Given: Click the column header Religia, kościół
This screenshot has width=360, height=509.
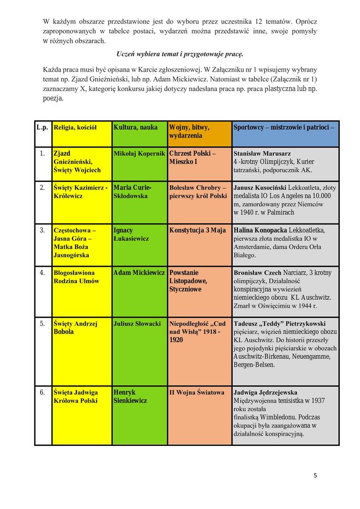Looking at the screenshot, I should pyautogui.click(x=75, y=128).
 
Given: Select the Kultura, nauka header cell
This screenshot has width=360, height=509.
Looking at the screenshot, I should pyautogui.click(x=136, y=128).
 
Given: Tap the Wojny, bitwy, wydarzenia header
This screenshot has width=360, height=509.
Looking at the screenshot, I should pyautogui.click(x=189, y=131).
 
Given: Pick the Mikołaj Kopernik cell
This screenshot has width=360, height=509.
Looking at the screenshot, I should pyautogui.click(x=139, y=154).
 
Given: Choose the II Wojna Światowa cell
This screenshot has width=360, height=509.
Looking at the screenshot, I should pyautogui.click(x=197, y=392).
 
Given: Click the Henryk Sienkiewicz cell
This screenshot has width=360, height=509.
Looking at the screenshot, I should pyautogui.click(x=131, y=396).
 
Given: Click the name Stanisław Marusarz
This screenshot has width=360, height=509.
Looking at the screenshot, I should pyautogui.click(x=262, y=154).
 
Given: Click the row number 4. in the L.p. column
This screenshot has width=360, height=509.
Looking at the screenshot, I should pyautogui.click(x=42, y=273).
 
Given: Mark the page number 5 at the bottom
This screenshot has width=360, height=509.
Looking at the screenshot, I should pyautogui.click(x=315, y=476).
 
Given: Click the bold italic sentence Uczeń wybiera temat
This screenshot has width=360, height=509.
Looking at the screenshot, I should pyautogui.click(x=180, y=54).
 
